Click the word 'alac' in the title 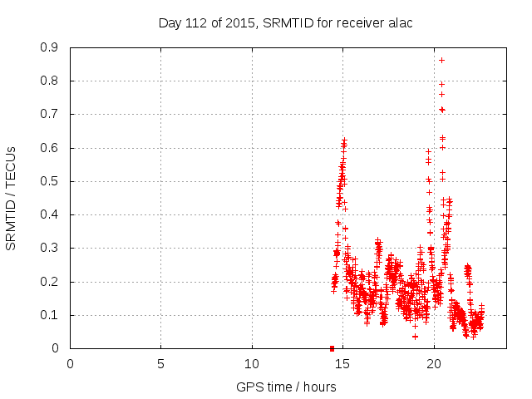[398, 23]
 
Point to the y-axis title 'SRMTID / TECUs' [11, 198]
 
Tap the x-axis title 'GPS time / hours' [287, 387]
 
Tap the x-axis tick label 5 [160, 363]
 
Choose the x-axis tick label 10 [252, 363]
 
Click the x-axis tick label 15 [342, 363]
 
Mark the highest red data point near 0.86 [441, 60]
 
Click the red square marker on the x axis [332, 348]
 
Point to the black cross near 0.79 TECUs [441, 84]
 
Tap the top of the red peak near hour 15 [344, 140]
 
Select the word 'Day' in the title [170, 23]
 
